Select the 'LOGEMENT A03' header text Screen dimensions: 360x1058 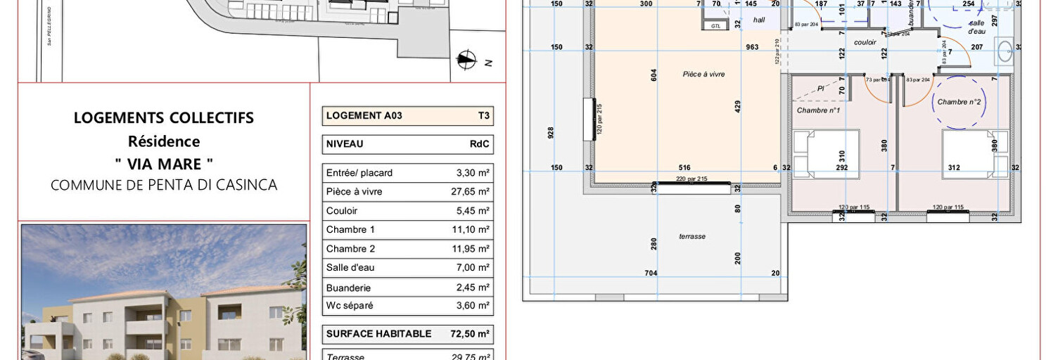364,116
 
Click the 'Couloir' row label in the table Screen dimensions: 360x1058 342,210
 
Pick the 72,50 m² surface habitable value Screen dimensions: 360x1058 470,333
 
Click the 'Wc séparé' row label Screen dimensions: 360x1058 350,305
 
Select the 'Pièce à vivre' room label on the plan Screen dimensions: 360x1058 703,74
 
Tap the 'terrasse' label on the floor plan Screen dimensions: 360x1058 692,236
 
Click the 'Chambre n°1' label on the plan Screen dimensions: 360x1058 818,110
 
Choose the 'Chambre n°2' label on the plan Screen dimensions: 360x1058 960,102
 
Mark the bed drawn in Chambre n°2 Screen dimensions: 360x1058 975,153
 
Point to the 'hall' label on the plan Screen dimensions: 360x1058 759,20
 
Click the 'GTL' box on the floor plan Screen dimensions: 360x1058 716,25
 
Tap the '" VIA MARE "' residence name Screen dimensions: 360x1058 164,165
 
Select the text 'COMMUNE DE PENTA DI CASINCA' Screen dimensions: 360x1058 164,185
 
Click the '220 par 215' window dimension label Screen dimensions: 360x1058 691,179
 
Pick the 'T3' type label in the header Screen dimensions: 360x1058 483,116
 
